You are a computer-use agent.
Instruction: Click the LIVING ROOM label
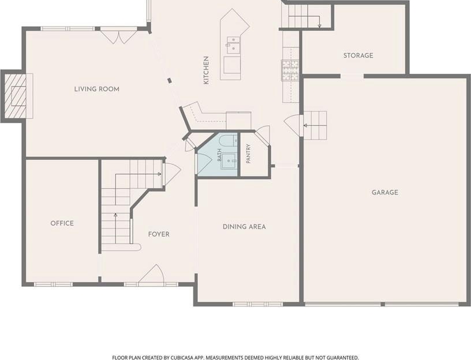point(97,89)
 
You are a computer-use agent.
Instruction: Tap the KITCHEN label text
point(206,70)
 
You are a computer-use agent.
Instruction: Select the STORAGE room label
point(358,55)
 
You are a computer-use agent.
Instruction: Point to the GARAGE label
point(385,193)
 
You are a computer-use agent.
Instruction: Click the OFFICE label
point(62,223)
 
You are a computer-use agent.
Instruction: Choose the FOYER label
point(159,234)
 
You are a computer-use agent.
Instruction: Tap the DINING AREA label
point(244,227)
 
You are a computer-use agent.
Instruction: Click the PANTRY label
point(248,153)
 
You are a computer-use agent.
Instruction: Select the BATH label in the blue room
point(219,155)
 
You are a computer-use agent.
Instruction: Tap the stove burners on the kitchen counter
point(290,70)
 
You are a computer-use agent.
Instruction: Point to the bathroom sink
point(230,161)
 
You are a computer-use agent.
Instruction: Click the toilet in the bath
point(227,141)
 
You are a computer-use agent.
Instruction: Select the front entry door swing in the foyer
point(152,274)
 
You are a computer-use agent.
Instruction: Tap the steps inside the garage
point(315,125)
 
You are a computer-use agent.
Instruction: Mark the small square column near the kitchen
point(170,80)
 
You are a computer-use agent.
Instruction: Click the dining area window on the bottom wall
point(258,304)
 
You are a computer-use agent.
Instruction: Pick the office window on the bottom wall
point(53,284)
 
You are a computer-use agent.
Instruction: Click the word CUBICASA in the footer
point(173,357)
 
